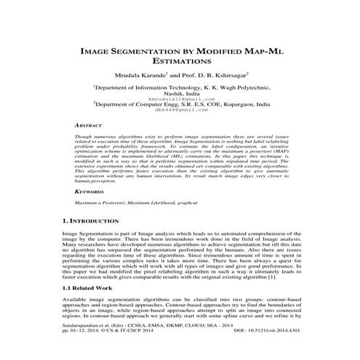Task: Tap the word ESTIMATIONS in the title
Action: point(180,63)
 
